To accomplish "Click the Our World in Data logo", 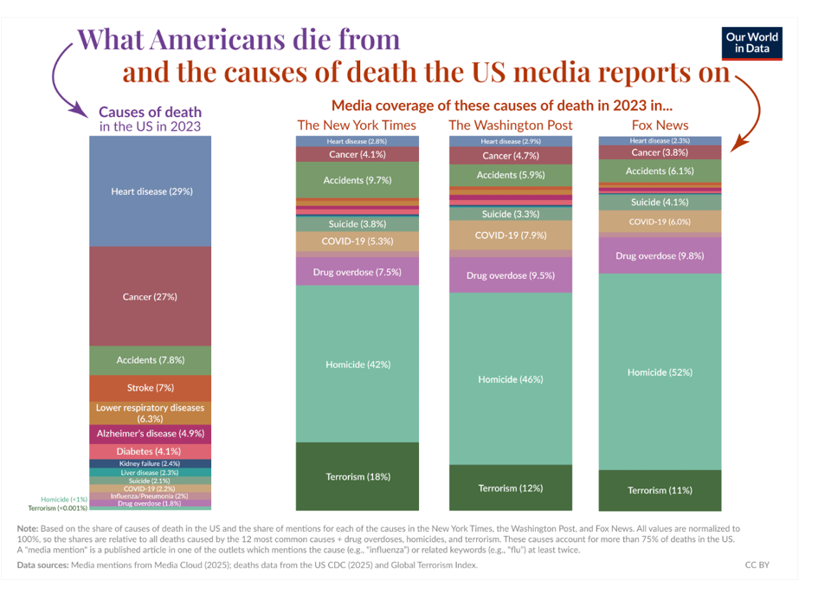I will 751,42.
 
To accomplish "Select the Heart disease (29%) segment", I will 151,191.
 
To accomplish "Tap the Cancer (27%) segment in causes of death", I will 151,297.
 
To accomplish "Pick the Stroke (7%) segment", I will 151,388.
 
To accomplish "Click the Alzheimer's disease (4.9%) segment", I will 151,433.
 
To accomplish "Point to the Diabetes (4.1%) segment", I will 151,451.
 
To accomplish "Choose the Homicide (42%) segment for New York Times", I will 358,365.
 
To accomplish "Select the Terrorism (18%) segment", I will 358,476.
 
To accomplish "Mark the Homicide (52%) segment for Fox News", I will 660,372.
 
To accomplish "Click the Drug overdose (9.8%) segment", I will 660,255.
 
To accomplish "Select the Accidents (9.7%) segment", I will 358,180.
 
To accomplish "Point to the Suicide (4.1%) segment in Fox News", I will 660,202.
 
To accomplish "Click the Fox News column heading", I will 660,126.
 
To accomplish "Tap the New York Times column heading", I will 357,126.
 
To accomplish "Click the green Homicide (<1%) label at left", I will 63,499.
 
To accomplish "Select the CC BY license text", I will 757,565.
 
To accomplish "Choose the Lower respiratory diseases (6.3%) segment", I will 151,412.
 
